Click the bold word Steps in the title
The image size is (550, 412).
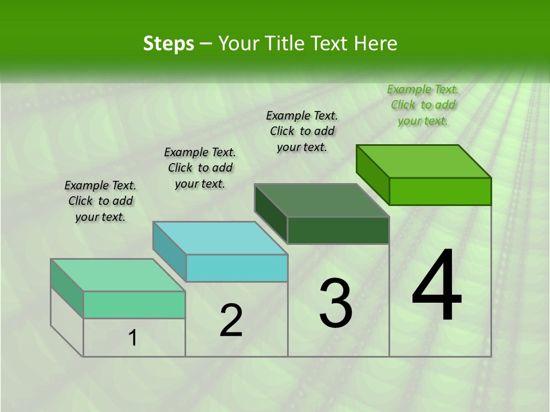[168, 43]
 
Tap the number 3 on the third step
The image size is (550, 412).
[336, 303]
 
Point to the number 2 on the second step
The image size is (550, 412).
[231, 320]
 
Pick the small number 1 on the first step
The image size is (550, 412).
[133, 338]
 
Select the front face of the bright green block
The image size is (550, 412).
[440, 191]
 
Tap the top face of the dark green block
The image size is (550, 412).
[321, 200]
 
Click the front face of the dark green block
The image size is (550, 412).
[338, 230]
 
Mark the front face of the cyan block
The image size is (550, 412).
[237, 268]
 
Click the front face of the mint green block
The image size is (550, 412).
[134, 304]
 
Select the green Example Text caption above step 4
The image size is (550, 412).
[423, 105]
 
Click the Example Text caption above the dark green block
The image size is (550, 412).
[302, 131]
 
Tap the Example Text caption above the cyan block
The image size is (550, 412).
[200, 168]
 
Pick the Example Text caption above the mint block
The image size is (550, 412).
[100, 201]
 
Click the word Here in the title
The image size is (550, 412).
[376, 43]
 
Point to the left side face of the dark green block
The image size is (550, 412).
[271, 213]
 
